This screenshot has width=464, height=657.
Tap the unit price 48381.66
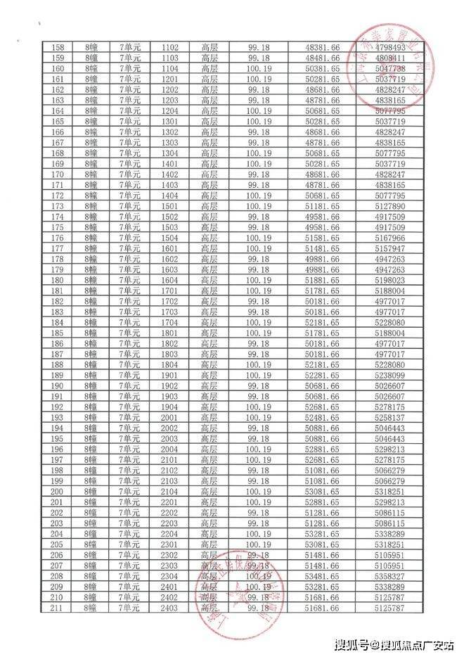point(323,46)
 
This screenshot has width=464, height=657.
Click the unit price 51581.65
point(323,238)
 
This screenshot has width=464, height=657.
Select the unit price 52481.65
point(323,418)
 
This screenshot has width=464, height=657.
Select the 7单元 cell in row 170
point(130,174)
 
